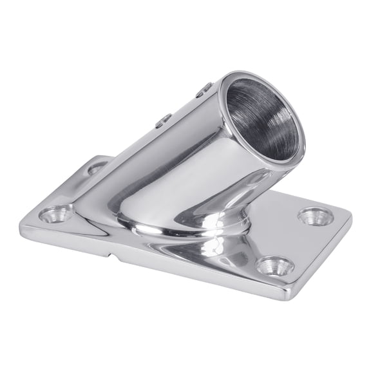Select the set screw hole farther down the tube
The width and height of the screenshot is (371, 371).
pos(164,119)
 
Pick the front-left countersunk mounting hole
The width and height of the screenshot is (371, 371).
pos(56,213)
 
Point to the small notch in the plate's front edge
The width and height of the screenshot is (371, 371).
pos(114,258)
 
